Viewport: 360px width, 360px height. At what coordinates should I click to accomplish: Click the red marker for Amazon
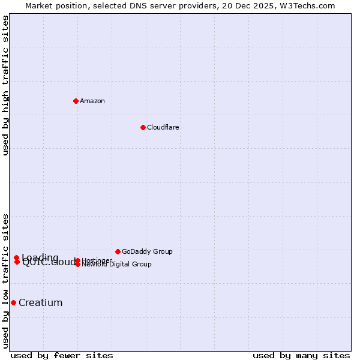(x=76, y=101)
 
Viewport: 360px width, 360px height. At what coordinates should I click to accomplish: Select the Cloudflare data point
(x=143, y=127)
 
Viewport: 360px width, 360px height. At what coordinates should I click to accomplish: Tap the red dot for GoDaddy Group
(x=118, y=251)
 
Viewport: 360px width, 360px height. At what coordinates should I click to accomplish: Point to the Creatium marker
(x=13, y=302)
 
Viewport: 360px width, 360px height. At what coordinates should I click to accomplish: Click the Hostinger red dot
(x=77, y=260)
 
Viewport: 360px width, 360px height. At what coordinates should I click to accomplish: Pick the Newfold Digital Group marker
(x=77, y=264)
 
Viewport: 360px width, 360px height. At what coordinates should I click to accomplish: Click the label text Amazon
(x=92, y=101)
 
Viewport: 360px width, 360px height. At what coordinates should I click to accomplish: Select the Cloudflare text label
(x=163, y=127)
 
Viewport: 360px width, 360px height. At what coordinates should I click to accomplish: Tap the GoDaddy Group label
(x=147, y=251)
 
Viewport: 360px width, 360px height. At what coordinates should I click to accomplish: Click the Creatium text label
(x=41, y=302)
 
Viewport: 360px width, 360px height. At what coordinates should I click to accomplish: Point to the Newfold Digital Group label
(x=118, y=265)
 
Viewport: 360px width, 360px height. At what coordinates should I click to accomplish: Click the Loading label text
(x=40, y=258)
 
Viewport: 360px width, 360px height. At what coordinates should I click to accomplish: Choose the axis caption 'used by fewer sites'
(x=62, y=355)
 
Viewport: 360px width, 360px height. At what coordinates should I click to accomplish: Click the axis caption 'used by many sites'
(x=301, y=355)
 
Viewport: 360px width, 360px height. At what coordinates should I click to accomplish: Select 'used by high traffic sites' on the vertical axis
(x=6, y=86)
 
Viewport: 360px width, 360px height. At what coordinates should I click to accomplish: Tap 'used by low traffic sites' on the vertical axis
(x=6, y=280)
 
